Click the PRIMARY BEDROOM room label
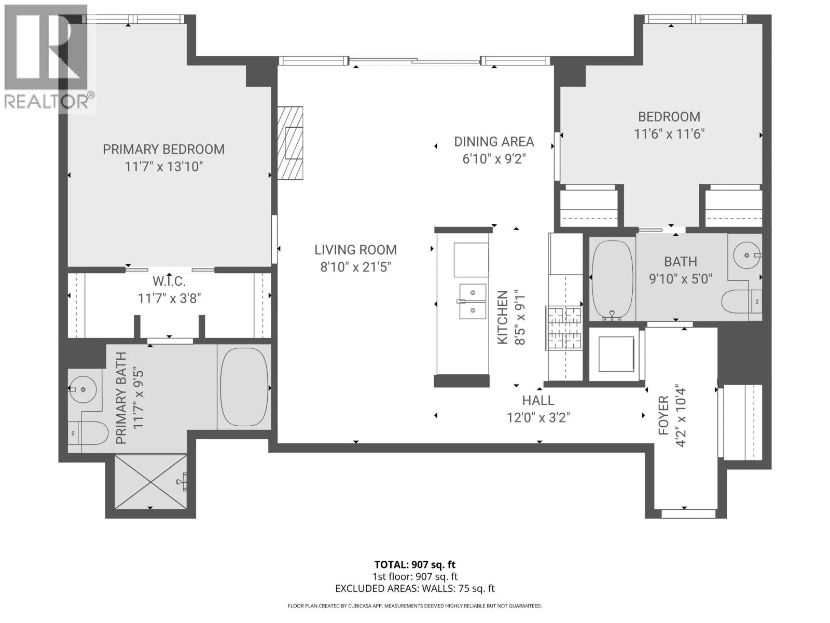click(x=163, y=150)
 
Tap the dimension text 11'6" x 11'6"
click(x=669, y=134)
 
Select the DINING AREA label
click(x=494, y=142)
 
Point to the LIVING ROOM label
click(x=355, y=250)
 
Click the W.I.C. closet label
click(x=169, y=281)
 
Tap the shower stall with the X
click(x=150, y=482)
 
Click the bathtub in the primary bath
click(x=244, y=387)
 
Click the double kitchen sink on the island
click(x=472, y=301)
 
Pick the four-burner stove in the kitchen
click(x=563, y=328)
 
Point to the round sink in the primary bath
click(x=82, y=389)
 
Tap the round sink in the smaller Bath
click(x=747, y=255)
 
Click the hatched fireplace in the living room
click(x=290, y=143)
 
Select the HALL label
click(x=538, y=401)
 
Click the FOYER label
click(x=663, y=415)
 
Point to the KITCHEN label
click(x=502, y=317)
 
